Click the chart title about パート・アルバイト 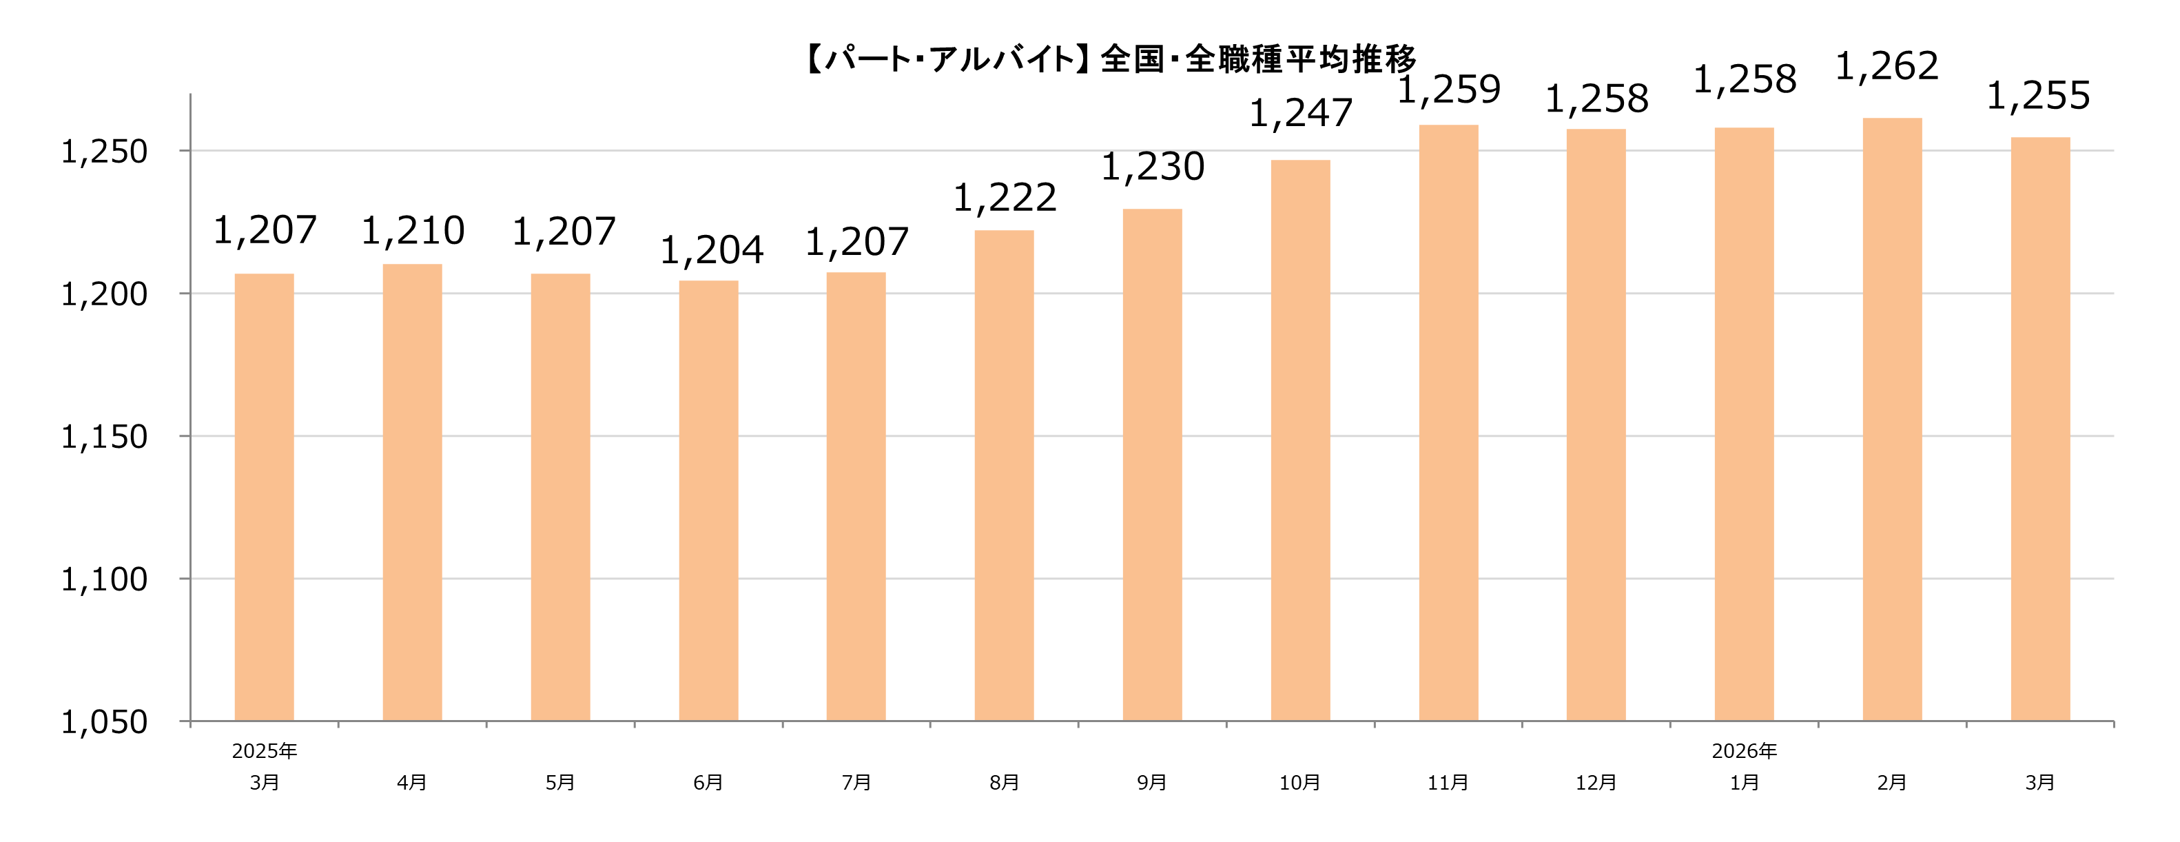coord(1110,59)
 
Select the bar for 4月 coord(412,493)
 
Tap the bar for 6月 coord(708,501)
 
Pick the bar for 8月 coord(1004,475)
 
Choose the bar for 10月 coord(1300,440)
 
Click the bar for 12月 coord(1595,425)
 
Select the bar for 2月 coord(1891,420)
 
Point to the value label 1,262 coord(1886,66)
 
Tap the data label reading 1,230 coord(1153,167)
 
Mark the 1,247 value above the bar coord(1301,114)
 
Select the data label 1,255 coord(2038,96)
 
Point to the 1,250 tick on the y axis coord(104,152)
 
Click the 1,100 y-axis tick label coord(104,579)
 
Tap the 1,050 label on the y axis coord(104,722)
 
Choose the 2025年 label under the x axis coord(264,750)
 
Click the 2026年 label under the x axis coord(1743,750)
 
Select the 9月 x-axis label coord(1152,783)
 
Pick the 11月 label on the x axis coord(1448,783)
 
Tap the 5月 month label coord(560,783)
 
